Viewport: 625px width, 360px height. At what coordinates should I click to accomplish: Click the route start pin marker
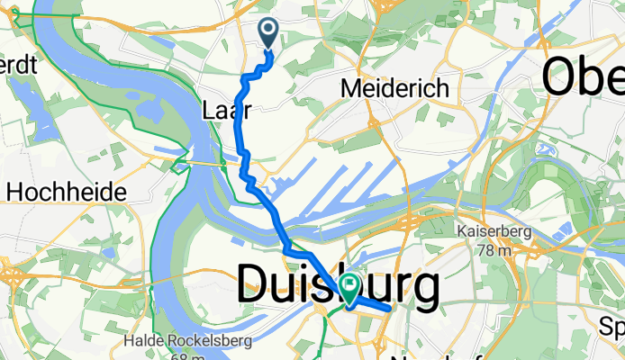click(x=269, y=33)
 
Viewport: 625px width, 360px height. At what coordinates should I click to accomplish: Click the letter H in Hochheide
click(x=14, y=192)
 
